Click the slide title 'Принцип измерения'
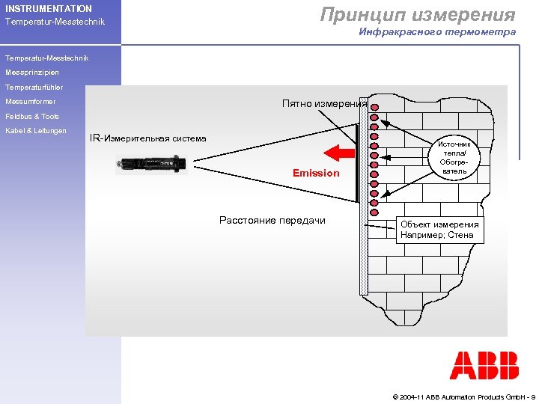[418, 14]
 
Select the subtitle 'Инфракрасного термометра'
[437, 32]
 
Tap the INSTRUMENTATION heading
[49, 9]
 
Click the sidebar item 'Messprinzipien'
[32, 73]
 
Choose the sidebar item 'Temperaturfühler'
[34, 88]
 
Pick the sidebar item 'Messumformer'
[31, 102]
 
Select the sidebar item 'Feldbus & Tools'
[32, 117]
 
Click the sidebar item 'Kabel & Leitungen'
[36, 131]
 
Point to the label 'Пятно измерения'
[325, 104]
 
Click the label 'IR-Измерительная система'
[148, 138]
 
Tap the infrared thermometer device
[150, 162]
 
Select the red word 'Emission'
[316, 173]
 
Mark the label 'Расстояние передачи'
[272, 221]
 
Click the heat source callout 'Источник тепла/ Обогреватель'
[454, 158]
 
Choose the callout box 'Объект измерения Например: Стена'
[439, 230]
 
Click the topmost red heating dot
[374, 108]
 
